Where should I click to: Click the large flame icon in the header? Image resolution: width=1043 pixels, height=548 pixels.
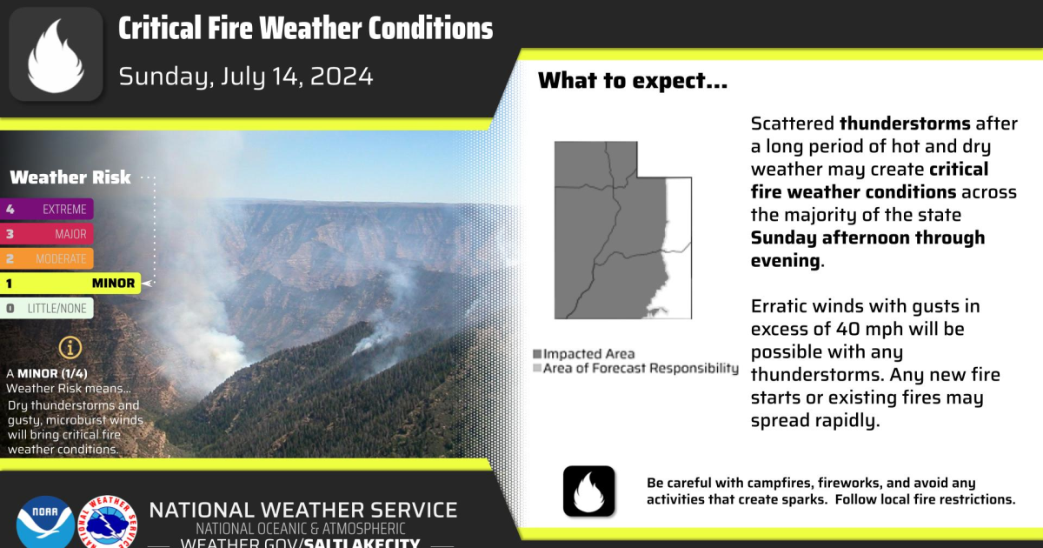pyautogui.click(x=56, y=56)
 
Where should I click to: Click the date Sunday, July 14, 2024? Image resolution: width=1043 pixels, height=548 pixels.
pyautogui.click(x=246, y=77)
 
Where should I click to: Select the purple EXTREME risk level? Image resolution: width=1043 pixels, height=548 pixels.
pyautogui.click(x=47, y=209)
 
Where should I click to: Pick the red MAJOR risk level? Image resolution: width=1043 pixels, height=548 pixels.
pyautogui.click(x=47, y=234)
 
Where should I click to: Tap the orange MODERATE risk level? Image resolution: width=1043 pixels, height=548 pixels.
pyautogui.click(x=47, y=258)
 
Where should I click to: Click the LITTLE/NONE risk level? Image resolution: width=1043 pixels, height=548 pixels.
pyautogui.click(x=47, y=308)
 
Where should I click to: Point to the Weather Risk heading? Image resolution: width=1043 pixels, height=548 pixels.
pyautogui.click(x=70, y=177)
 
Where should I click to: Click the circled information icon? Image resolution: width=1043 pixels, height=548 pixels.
pyautogui.click(x=70, y=348)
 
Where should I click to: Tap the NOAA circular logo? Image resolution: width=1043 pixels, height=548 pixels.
pyautogui.click(x=44, y=522)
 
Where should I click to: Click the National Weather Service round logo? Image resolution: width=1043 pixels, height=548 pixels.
pyautogui.click(x=108, y=522)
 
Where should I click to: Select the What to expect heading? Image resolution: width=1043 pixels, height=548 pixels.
pyautogui.click(x=633, y=82)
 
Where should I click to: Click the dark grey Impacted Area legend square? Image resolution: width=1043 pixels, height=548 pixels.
pyautogui.click(x=538, y=354)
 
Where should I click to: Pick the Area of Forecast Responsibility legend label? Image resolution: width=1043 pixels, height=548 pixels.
pyautogui.click(x=641, y=369)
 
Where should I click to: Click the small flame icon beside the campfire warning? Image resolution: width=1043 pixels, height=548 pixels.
pyautogui.click(x=588, y=491)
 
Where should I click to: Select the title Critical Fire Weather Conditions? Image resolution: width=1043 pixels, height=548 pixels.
pyautogui.click(x=305, y=29)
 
